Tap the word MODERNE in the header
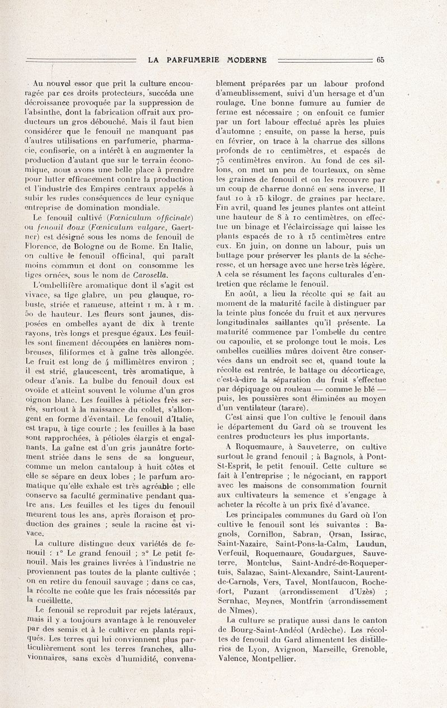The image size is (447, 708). [x=247, y=60]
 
